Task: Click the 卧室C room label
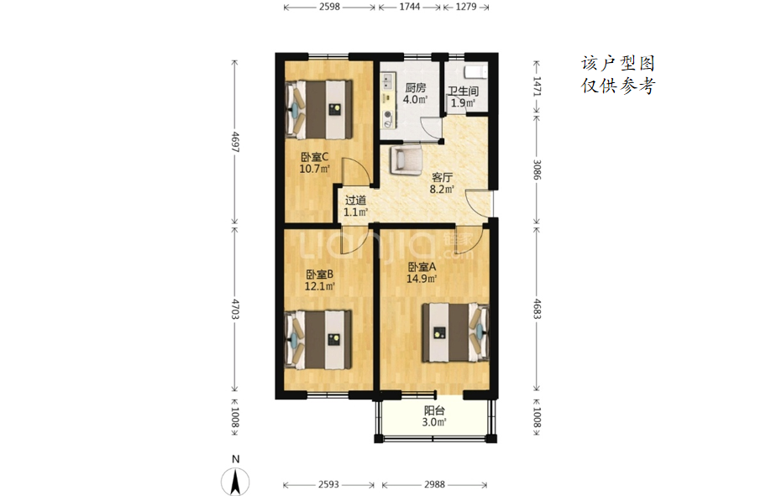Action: coord(315,157)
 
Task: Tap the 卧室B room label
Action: coord(319,274)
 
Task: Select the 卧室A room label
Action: coord(422,267)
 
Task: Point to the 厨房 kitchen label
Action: coord(415,88)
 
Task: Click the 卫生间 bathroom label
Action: coord(464,91)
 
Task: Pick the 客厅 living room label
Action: coord(442,178)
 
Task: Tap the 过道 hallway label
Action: coord(355,201)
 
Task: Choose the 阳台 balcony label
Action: coord(434,410)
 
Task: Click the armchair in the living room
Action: coord(406,159)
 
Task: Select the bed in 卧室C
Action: coord(319,110)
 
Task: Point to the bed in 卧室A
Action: coord(455,333)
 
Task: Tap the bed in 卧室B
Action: coord(319,340)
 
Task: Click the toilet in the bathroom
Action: coord(476,72)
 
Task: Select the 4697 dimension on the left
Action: coord(235,142)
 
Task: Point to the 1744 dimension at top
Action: coord(409,7)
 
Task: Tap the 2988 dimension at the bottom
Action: coord(434,484)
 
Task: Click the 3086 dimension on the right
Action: coord(537,170)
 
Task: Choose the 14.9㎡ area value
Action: coord(422,279)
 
